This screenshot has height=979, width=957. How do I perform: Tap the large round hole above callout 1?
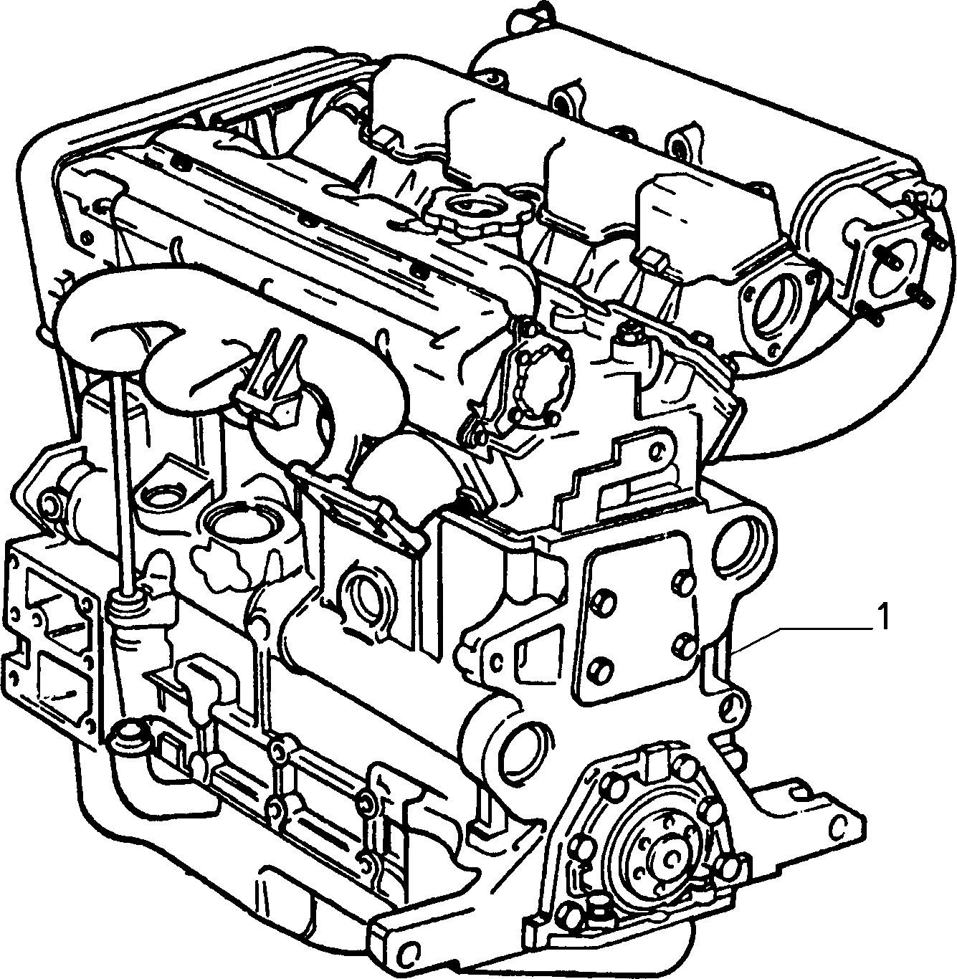point(735,546)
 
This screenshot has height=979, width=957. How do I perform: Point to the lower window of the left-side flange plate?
point(60,684)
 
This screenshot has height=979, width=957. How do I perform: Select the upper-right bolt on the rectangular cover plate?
point(682,583)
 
